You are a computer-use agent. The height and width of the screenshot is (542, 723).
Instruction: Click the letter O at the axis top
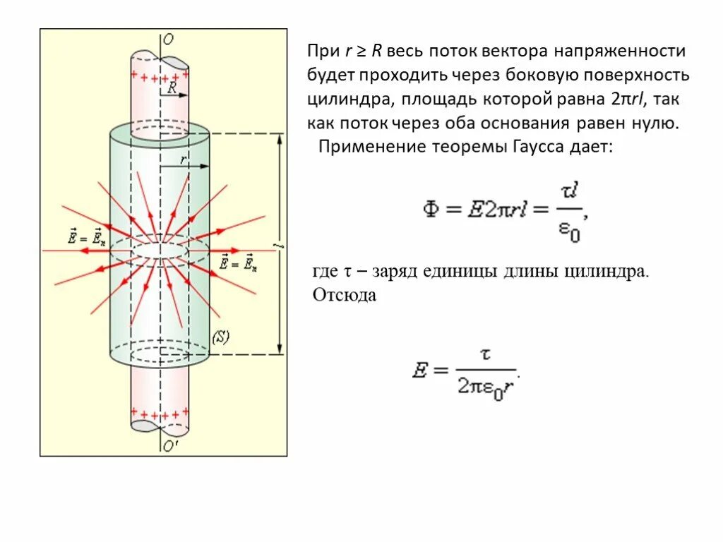pyautogui.click(x=168, y=40)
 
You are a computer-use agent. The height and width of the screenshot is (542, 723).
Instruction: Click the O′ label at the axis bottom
pyautogui.click(x=169, y=446)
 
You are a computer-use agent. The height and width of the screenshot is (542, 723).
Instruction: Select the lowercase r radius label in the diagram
pyautogui.click(x=183, y=159)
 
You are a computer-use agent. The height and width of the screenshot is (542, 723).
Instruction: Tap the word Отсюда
pyautogui.click(x=345, y=295)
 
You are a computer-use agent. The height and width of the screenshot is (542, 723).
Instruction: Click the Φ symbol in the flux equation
pyautogui.click(x=432, y=209)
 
